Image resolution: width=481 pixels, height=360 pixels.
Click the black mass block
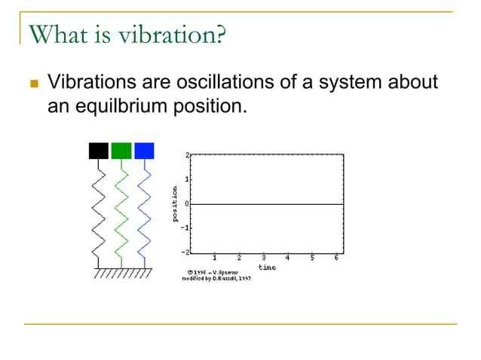coord(99,151)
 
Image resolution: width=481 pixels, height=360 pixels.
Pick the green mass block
coord(121,151)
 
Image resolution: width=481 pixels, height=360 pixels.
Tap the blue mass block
coord(144,151)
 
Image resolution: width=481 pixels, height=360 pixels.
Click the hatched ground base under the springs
coord(121,273)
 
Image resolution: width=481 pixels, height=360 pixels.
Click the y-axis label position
coord(175,203)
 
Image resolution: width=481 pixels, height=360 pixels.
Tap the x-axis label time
coord(267,267)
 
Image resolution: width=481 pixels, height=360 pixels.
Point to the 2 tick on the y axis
coord(187,154)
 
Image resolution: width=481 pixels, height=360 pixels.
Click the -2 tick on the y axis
coord(185,252)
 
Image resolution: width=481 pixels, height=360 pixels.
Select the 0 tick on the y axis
coord(187,203)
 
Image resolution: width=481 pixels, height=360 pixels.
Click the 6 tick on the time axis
coord(336,258)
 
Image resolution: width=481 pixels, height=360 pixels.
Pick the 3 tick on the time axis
coord(263,258)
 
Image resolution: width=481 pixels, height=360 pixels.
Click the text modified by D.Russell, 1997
coord(216,278)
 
